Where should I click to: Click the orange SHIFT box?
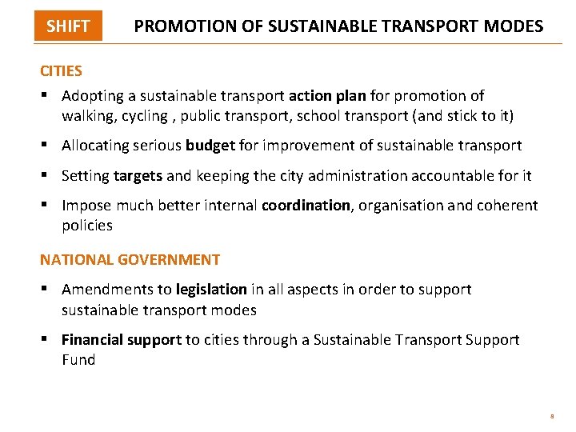tap(68, 26)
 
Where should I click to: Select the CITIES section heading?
tap(61, 70)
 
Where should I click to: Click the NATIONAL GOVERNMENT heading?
tap(130, 259)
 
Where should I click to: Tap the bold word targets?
tap(138, 175)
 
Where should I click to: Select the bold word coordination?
tap(306, 206)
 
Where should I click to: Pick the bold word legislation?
tap(211, 290)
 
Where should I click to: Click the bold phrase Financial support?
tap(122, 340)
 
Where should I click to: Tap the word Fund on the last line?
tap(78, 360)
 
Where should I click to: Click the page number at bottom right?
tap(551, 417)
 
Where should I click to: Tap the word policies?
tap(87, 226)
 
